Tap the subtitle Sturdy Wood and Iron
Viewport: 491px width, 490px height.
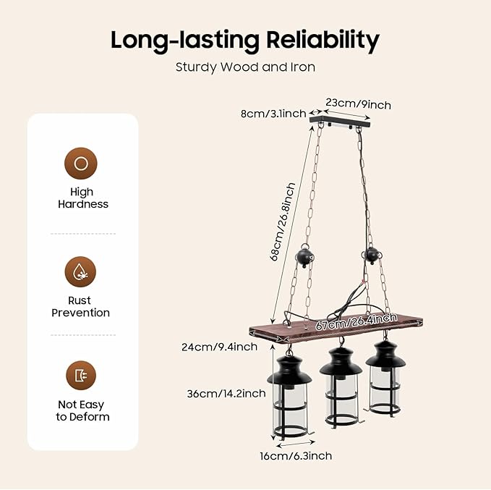[245, 67]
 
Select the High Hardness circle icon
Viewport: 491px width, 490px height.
[82, 164]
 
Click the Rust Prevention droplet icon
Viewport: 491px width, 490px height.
[82, 272]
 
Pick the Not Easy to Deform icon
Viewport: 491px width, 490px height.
[82, 375]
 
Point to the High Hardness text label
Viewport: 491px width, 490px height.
[82, 198]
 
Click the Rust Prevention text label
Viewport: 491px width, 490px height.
[82, 307]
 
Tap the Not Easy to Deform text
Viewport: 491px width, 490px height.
[82, 411]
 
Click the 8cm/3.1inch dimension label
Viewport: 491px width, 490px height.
[273, 114]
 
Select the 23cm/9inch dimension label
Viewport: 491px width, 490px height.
[358, 104]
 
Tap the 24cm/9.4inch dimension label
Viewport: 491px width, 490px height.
[219, 347]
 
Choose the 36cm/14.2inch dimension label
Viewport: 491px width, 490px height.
[226, 394]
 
